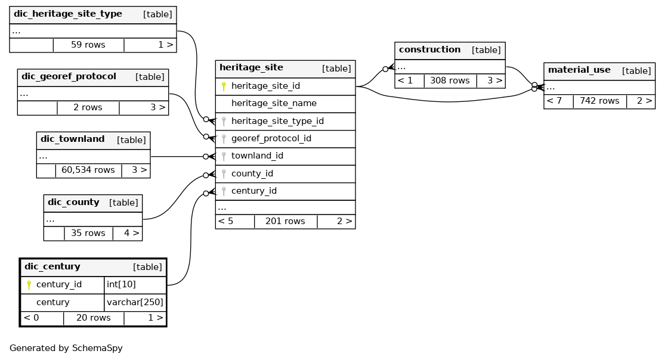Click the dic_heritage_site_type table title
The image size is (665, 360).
pos(68,14)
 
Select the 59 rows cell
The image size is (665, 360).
pos(88,45)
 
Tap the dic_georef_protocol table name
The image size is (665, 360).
pos(69,77)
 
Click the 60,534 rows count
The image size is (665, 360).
pos(88,170)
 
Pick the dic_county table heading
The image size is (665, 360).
pos(73,202)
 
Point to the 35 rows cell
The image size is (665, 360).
pos(88,233)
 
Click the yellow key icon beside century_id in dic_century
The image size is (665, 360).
pos(29,285)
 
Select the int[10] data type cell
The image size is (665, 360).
pos(121,284)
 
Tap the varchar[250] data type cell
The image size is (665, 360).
pos(135,302)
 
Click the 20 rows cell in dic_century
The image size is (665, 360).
pos(93,318)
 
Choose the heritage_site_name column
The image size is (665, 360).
pos(274,104)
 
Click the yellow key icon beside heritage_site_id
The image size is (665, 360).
pos(224,86)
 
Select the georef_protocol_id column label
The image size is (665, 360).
pos(271,139)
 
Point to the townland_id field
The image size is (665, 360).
pos(257,156)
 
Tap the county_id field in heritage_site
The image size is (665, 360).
pos(252,174)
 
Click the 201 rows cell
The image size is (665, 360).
pos(285,221)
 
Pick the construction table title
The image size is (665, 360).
pos(429,49)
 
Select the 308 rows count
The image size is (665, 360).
pos(450,80)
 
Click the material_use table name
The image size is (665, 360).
pos(579,70)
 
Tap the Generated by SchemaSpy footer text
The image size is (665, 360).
pos(66,349)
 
